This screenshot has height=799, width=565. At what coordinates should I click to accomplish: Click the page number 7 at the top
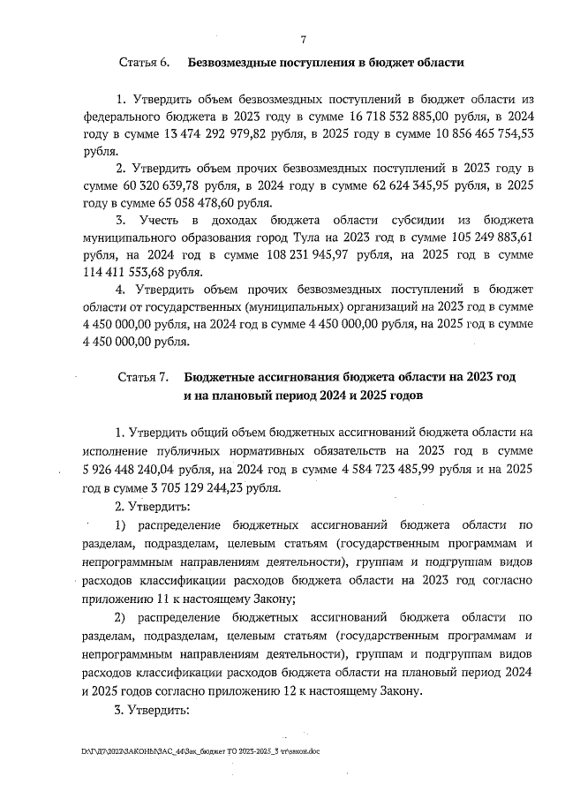click(303, 40)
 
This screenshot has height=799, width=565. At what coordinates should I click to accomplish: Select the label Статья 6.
click(144, 63)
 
